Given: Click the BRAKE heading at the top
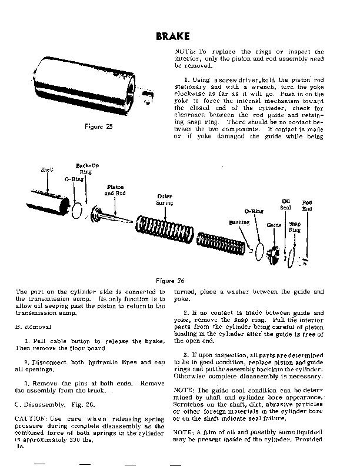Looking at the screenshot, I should (174, 36).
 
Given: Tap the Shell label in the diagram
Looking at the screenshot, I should (47, 169).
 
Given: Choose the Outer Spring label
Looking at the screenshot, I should (164, 199).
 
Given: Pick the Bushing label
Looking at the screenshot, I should (239, 223).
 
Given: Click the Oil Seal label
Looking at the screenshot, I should (286, 204).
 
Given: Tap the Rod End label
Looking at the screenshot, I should (306, 205).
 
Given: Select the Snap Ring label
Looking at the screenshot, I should (295, 227).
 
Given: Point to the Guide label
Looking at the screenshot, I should (274, 225).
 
